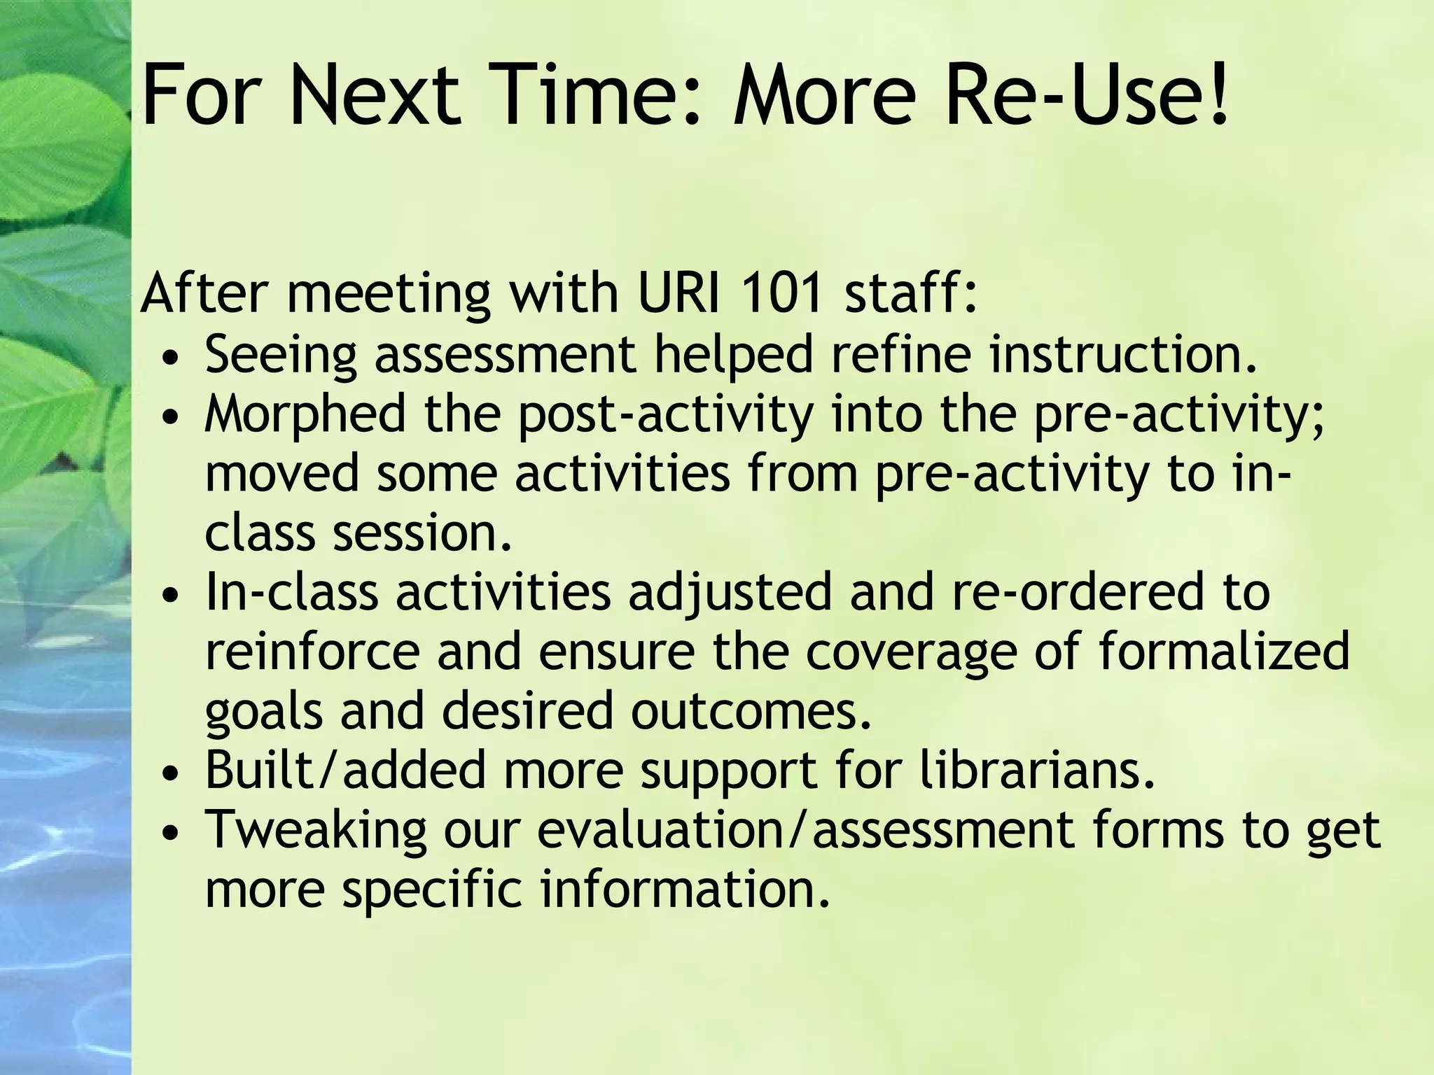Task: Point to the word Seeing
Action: click(281, 356)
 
